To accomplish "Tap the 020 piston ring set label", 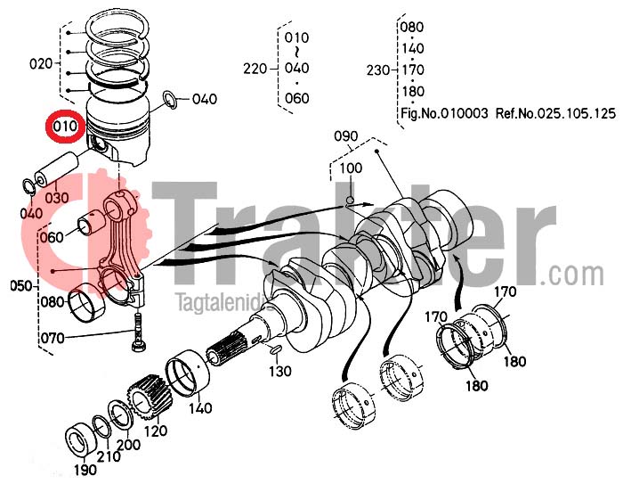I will [x=42, y=63].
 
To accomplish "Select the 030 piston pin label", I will [x=56, y=197].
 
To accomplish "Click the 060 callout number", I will [x=53, y=237].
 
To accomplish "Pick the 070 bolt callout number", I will [x=53, y=338].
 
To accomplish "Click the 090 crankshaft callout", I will [x=345, y=136].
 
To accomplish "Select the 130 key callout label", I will [x=281, y=371].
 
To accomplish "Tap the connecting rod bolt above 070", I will [x=140, y=331].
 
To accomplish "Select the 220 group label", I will [x=255, y=69].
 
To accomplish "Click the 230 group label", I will [x=377, y=69].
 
